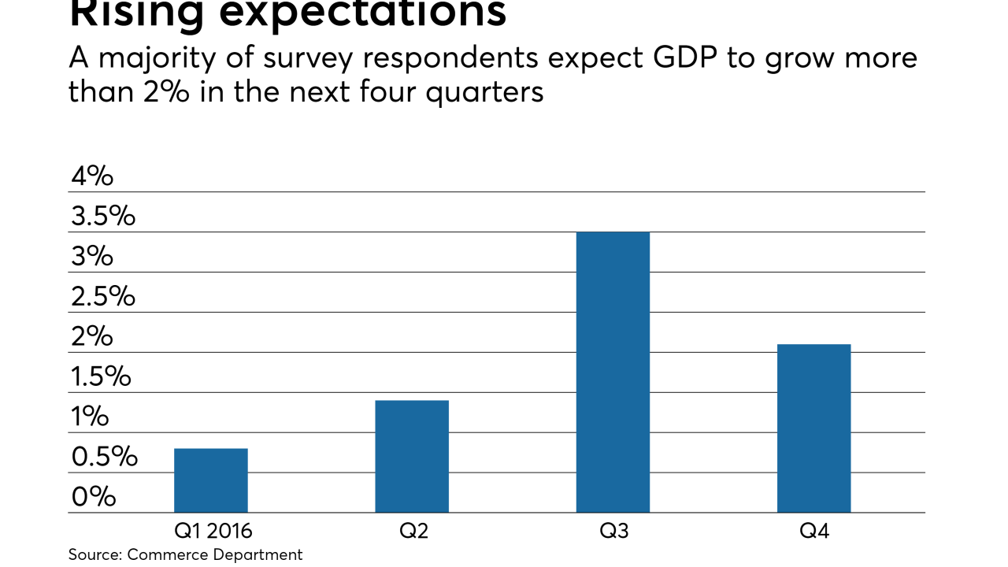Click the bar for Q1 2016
coord(210,480)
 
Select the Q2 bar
coord(411,457)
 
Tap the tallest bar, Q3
coord(613,372)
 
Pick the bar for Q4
coord(813,428)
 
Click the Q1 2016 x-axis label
coord(213,532)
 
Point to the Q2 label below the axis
coord(413,532)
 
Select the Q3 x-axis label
coord(614,532)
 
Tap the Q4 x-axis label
coord(814,532)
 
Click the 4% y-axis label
coord(92,176)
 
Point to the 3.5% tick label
coord(103,217)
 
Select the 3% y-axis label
coord(92,257)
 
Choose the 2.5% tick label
coord(103,297)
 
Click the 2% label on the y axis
coord(92,337)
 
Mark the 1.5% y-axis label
coord(101,377)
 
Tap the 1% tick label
coord(89,417)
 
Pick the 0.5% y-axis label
coord(103,457)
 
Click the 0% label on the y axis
coord(92,497)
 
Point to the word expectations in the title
coord(371,13)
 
